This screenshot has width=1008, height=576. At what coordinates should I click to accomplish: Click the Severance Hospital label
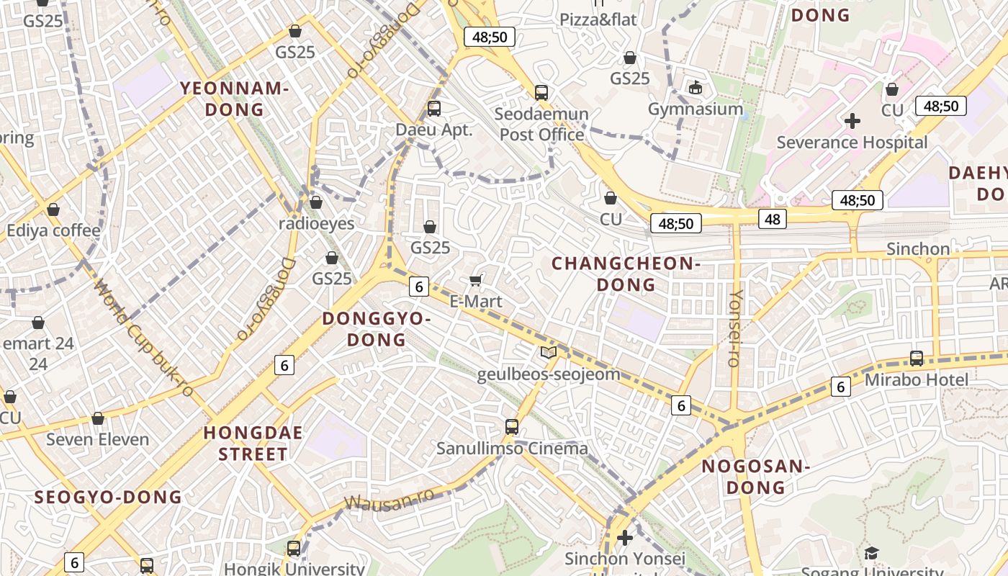point(852,143)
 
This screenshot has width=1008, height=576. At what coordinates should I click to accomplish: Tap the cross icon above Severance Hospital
point(852,120)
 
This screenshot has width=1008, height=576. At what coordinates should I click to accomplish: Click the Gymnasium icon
point(695,88)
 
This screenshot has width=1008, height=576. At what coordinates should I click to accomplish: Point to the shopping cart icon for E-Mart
point(475,279)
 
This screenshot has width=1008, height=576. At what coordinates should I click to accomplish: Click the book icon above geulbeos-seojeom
point(549,352)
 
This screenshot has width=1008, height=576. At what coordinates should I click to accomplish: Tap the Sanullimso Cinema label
point(512,449)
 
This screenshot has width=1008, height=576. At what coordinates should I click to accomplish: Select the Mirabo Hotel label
point(916,379)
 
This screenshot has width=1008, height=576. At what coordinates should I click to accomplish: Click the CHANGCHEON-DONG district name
point(626,274)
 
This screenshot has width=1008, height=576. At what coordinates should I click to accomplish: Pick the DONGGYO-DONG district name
point(377,329)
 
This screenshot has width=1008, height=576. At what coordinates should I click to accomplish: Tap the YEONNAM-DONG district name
point(235,99)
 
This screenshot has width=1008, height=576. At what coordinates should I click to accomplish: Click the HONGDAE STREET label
point(253,444)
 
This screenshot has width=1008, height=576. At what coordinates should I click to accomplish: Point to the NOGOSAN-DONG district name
point(756,477)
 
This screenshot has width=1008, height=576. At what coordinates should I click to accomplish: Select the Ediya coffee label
point(53,230)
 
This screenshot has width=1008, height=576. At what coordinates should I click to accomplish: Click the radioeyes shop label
point(317,223)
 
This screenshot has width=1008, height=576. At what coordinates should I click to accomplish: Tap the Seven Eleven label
point(98,439)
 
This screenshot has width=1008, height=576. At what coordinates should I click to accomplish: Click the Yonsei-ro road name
point(735,328)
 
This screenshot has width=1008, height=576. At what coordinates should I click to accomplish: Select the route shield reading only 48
point(772,218)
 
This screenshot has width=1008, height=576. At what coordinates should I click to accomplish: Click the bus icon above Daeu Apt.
point(433,109)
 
